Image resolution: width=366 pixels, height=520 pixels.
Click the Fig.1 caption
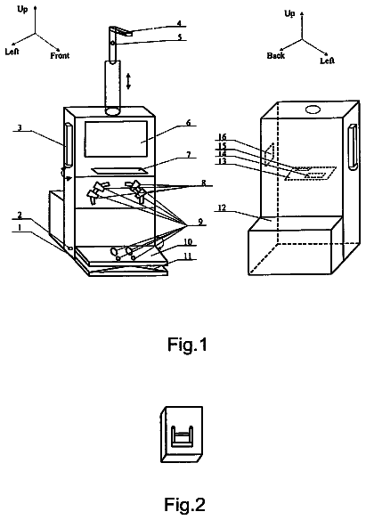(187, 344)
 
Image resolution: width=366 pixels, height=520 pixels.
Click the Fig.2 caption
(184, 504)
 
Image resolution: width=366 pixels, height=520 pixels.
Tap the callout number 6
(188, 122)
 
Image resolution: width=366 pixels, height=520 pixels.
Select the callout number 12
(222, 207)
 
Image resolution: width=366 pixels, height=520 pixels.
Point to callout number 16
(222, 136)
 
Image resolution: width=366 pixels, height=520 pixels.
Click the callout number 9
(200, 221)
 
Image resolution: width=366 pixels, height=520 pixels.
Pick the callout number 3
(20, 127)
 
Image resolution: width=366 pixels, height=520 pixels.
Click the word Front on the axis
(60, 55)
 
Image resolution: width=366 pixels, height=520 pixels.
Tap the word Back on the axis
(276, 55)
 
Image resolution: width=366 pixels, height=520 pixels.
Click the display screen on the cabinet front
(116, 139)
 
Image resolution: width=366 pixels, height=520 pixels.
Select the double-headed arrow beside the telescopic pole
(128, 81)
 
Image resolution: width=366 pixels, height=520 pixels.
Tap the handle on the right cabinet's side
(353, 146)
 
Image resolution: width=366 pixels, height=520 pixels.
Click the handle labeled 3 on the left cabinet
(68, 144)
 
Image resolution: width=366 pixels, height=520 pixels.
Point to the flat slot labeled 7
(119, 170)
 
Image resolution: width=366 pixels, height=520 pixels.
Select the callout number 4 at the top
(179, 23)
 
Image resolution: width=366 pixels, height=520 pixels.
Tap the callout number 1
(20, 228)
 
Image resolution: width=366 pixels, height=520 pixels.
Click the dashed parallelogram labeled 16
(269, 153)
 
